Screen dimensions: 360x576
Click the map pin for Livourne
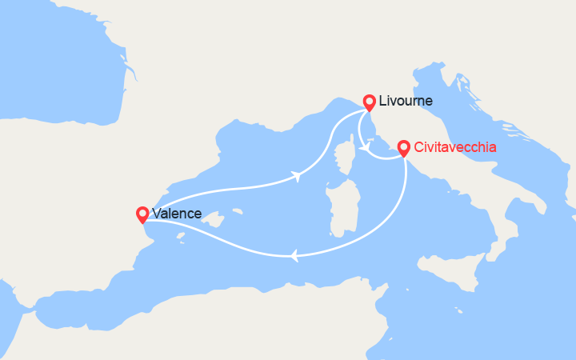[369, 102]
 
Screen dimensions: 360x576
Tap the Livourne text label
[406, 102]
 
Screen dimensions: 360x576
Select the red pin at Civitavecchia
[403, 148]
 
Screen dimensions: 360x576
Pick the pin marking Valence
[142, 214]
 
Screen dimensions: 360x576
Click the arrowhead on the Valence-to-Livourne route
[298, 176]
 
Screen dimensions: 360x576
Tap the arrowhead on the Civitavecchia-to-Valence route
[294, 256]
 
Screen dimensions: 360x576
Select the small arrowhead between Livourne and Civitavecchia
[364, 147]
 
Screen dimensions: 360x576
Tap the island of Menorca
[237, 213]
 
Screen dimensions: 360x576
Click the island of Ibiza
[182, 234]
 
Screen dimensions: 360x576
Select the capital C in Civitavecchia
[418, 147]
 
